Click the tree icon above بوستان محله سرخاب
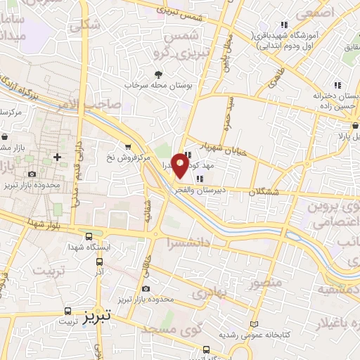[158, 74]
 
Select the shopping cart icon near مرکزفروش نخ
[127, 147]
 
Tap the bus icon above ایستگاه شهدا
[89, 236]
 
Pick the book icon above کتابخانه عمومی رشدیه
[254, 324]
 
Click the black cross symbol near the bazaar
[57, 156]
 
